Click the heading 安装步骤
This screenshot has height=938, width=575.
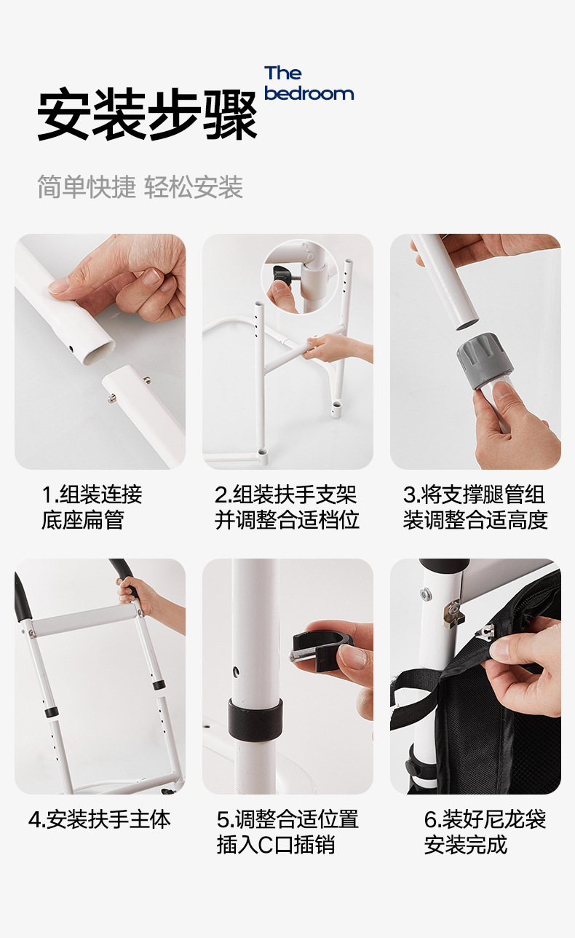tap(147, 115)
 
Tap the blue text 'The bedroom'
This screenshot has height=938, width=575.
tap(309, 84)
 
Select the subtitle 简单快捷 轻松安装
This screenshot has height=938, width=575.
tap(140, 187)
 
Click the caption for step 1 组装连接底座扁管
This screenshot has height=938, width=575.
tap(92, 508)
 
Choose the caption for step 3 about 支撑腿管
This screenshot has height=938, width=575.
tap(475, 508)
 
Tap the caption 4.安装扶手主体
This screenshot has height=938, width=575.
tap(99, 819)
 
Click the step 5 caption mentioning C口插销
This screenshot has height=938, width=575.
tap(287, 832)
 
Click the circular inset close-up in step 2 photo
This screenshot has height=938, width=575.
tap(301, 277)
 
